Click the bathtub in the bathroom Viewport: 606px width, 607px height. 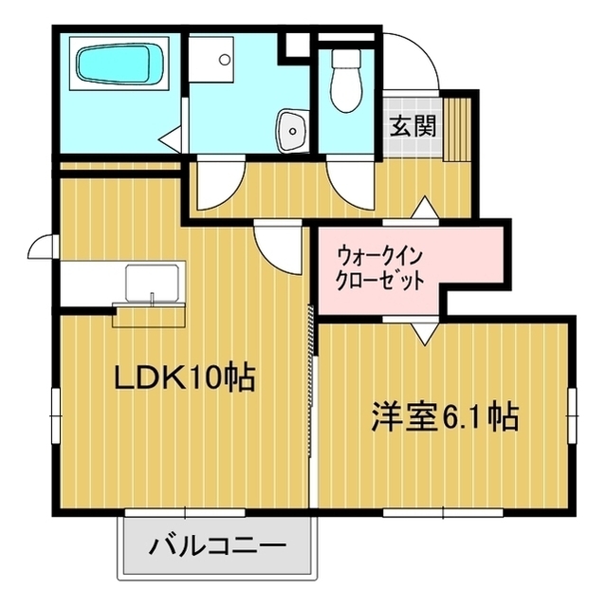pyautogui.click(x=114, y=64)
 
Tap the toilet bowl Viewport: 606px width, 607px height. pyautogui.click(x=346, y=81)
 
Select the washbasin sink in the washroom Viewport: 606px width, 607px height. pyautogui.click(x=292, y=130)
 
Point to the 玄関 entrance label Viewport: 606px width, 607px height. pyautogui.click(x=413, y=125)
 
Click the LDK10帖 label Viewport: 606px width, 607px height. pyautogui.click(x=184, y=377)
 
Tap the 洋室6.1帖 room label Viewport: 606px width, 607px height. pyautogui.click(x=444, y=417)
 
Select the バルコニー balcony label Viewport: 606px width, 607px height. pyautogui.click(x=217, y=546)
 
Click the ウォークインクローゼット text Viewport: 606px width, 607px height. pyautogui.click(x=379, y=268)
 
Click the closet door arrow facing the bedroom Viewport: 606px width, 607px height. pyautogui.click(x=425, y=334)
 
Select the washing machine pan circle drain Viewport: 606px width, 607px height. pyautogui.click(x=224, y=59)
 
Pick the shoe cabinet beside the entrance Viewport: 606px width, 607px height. pyautogui.click(x=455, y=128)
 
